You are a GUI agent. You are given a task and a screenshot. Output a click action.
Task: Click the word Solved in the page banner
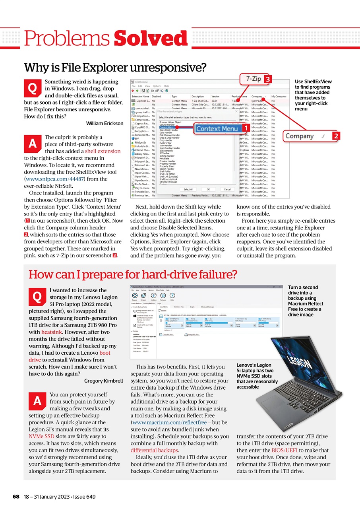[151, 38]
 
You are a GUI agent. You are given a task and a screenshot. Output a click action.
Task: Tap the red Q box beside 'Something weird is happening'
[33, 87]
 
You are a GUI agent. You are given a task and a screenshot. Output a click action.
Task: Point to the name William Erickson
[105, 123]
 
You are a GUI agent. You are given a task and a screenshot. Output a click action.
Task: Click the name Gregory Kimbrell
[104, 381]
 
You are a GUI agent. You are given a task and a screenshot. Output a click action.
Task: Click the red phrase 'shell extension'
[103, 151]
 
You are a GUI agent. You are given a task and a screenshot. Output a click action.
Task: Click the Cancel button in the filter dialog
[227, 189]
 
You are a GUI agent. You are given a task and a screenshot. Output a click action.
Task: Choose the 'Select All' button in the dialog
[188, 189]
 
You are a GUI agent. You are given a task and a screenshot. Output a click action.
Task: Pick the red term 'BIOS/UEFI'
[286, 450]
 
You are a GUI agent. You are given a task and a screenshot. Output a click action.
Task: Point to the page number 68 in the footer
[16, 497]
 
